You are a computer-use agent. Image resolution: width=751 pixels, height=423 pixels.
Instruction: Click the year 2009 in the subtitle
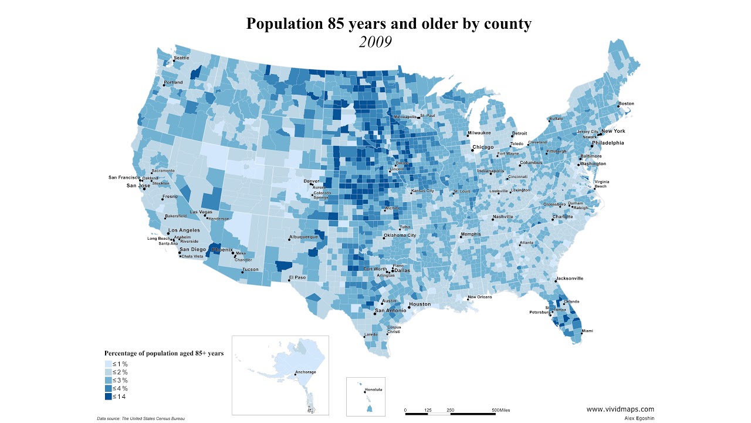point(375,42)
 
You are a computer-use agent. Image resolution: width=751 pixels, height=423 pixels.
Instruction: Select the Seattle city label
point(181,58)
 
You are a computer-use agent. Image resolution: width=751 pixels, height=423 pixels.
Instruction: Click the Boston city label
point(626,104)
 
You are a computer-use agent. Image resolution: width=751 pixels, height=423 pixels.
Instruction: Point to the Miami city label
point(587,331)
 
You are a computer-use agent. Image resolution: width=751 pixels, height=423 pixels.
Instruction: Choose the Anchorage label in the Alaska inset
point(305,372)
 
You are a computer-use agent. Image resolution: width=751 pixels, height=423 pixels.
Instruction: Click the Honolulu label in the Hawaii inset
point(373,390)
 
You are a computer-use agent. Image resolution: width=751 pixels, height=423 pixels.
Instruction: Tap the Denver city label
point(311,181)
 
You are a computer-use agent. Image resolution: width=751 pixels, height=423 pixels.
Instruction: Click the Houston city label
point(420,304)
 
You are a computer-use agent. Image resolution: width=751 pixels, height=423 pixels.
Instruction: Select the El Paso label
point(297,277)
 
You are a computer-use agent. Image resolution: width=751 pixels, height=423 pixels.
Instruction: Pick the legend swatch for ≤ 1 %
point(109,364)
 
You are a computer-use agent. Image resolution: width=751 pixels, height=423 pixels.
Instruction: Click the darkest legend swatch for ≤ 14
point(109,397)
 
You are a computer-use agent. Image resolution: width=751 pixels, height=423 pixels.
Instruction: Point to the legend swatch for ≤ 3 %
point(109,380)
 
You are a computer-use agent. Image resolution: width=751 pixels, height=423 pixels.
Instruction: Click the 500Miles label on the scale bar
point(501,409)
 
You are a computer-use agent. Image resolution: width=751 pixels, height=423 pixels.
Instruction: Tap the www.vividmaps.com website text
point(620,409)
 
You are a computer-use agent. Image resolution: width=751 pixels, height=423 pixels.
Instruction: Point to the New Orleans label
point(479,297)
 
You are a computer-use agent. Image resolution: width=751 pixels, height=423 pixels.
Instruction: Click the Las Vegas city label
point(201,212)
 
